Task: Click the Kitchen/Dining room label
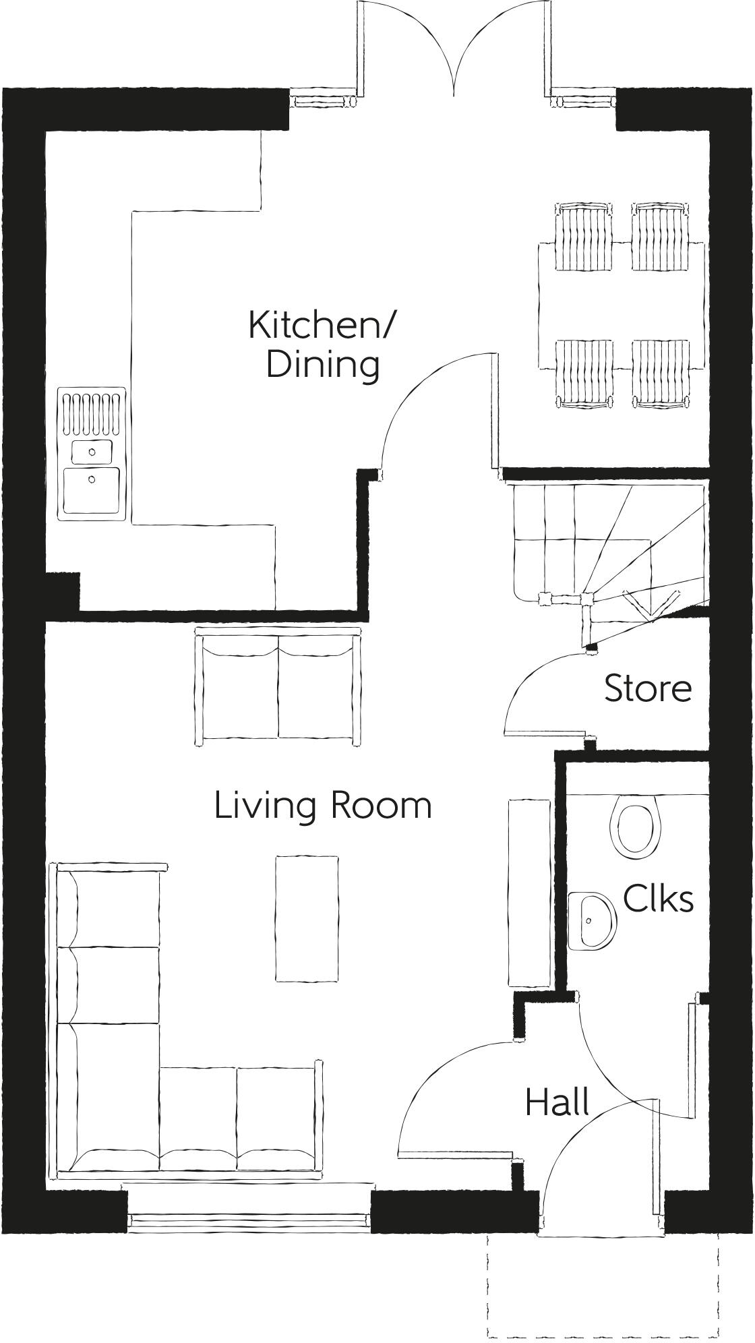[x=322, y=344]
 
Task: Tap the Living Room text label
[x=322, y=806]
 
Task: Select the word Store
[x=647, y=688]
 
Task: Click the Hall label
[x=557, y=1102]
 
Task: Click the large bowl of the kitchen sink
[x=92, y=491]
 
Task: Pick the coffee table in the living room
[x=307, y=918]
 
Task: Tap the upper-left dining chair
[x=584, y=236]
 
